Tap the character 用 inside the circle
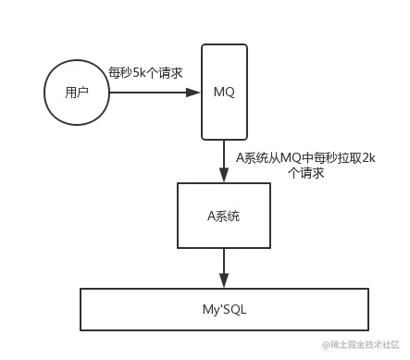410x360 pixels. tap(71, 93)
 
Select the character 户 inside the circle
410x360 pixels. tap(84, 93)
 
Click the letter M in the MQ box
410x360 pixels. tap(218, 93)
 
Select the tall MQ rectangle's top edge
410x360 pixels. tap(225, 43)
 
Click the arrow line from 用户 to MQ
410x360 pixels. tap(148, 93)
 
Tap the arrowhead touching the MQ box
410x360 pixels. tap(193, 93)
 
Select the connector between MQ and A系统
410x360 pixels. tap(225, 162)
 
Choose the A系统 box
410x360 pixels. tap(225, 215)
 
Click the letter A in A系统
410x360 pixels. tap(211, 216)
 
